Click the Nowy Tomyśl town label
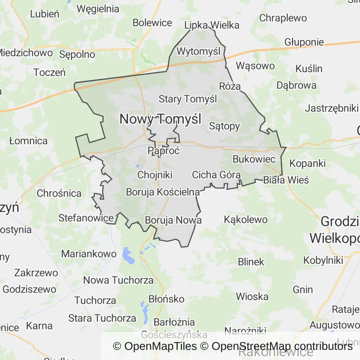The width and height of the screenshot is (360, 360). pyautogui.click(x=160, y=119)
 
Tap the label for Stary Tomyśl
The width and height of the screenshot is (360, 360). pyautogui.click(x=187, y=99)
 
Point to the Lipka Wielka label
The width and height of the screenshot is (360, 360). pyautogui.click(x=212, y=25)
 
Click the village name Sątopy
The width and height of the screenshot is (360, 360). pyautogui.click(x=224, y=126)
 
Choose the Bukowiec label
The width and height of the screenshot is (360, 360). pyautogui.click(x=254, y=159)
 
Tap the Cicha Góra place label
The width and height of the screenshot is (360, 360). pyautogui.click(x=216, y=175)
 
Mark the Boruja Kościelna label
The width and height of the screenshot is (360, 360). pyautogui.click(x=163, y=192)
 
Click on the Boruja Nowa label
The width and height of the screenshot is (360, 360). pyautogui.click(x=173, y=220)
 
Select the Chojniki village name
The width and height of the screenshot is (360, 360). pyautogui.click(x=155, y=175)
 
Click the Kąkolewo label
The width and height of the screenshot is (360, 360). pyautogui.click(x=246, y=219)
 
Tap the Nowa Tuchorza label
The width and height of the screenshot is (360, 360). pyautogui.click(x=118, y=280)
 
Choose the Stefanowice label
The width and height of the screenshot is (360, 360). pyautogui.click(x=86, y=217)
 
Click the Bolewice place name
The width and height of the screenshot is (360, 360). pyautogui.click(x=152, y=22)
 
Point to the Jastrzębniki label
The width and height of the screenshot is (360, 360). pyautogui.click(x=331, y=108)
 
